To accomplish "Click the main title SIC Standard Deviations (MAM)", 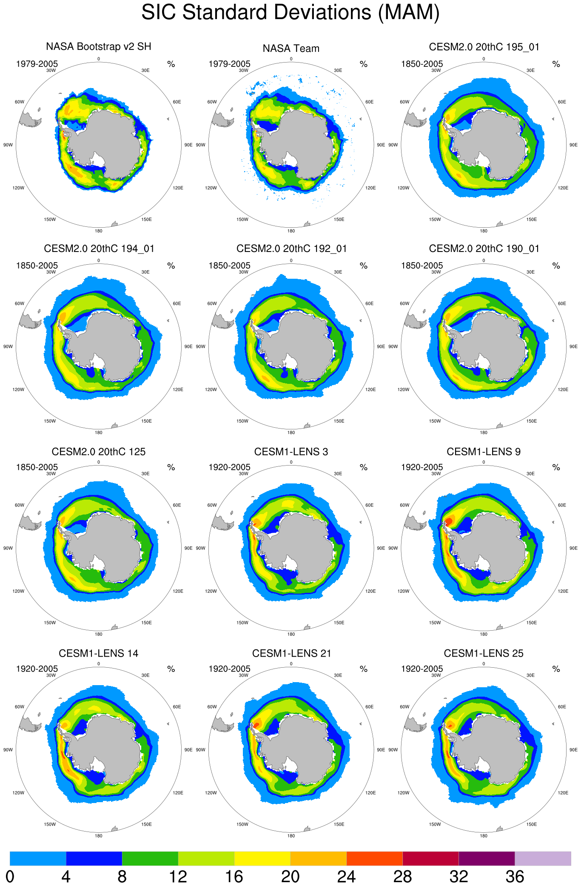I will (290, 12).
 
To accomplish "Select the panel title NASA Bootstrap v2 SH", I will (99, 46).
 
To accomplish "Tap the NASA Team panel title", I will (291, 49).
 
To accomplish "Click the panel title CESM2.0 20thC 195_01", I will (484, 47).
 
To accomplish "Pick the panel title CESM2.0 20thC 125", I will (99, 452).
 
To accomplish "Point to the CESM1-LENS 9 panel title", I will (484, 452).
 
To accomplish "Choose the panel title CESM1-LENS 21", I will (291, 653).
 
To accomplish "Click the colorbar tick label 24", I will (346, 877).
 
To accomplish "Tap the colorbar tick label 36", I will (515, 877).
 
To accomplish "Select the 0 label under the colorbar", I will (10, 877).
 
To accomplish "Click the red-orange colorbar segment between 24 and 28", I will (374, 858).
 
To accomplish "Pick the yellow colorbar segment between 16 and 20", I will (262, 858).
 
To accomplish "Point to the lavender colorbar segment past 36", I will (543, 858).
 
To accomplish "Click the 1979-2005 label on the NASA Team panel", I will (229, 64).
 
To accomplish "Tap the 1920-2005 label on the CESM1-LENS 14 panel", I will (37, 669).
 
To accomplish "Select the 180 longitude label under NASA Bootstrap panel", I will (99, 231).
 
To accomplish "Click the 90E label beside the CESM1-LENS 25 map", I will (573, 749).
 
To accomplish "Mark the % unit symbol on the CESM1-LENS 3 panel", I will (364, 467).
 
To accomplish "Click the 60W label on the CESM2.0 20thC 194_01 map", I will (20, 303).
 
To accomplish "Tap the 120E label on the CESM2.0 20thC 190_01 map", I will (563, 389).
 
